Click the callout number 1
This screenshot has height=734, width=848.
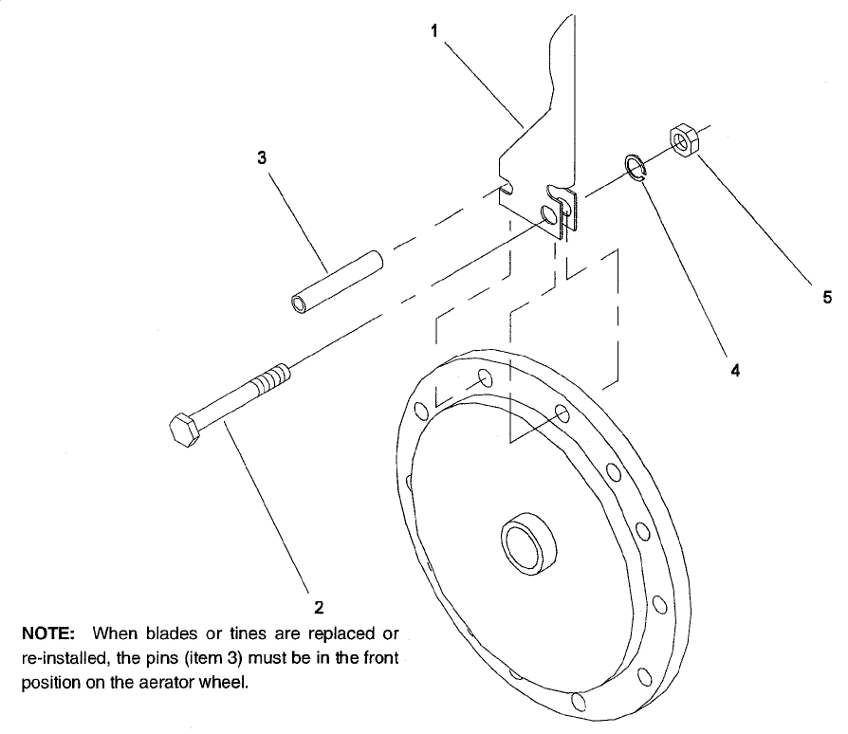[434, 30]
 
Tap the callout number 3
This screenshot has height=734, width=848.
[262, 158]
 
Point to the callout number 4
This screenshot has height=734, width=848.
[734, 371]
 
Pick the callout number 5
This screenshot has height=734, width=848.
[827, 297]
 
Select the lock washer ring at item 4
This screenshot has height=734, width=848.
[635, 166]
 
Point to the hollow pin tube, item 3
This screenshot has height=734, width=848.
[335, 281]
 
